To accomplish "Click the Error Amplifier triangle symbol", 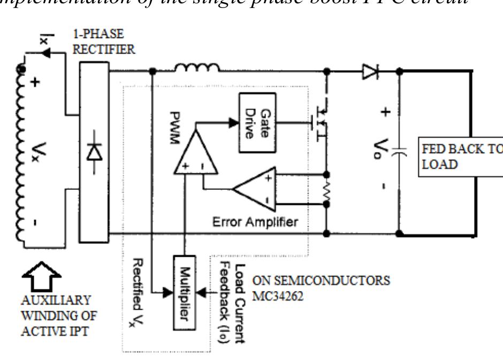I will (x=255, y=189).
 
